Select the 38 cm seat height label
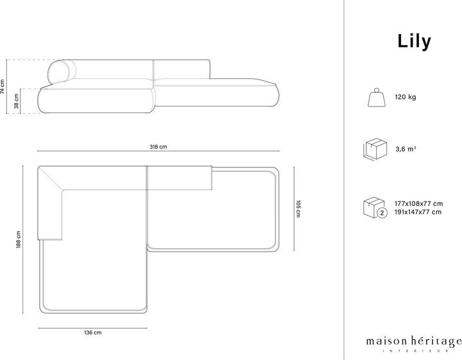16,100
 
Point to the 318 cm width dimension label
158,147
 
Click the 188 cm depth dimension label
20,239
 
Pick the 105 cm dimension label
298,209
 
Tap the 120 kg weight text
406,98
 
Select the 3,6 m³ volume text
406,149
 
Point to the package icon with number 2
375,208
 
